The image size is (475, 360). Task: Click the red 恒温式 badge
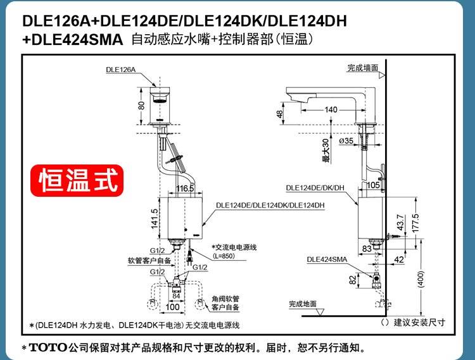(x=77, y=180)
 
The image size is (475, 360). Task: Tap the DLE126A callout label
(x=120, y=70)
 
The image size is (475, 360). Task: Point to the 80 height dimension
(x=141, y=106)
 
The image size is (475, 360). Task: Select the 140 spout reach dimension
(x=331, y=109)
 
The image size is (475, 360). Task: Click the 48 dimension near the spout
(x=279, y=114)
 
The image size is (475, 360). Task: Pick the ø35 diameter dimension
(x=346, y=140)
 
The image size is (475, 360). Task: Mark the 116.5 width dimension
(x=185, y=189)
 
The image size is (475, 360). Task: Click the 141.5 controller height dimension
(x=154, y=218)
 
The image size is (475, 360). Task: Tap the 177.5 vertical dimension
(x=415, y=223)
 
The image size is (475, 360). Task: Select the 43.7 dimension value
(x=400, y=222)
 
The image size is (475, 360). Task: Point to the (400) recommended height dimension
(x=421, y=279)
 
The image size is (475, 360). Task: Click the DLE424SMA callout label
(x=327, y=259)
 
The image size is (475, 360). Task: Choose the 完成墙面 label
(x=363, y=68)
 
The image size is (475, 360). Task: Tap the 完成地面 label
(x=303, y=304)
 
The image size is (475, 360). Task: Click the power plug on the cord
(x=190, y=258)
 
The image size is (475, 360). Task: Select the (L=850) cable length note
(x=224, y=256)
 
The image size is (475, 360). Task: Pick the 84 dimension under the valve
(x=176, y=296)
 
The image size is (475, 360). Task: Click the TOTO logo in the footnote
(x=48, y=347)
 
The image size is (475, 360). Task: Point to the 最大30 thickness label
(x=326, y=151)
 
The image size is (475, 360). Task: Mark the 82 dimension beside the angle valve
(x=353, y=280)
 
